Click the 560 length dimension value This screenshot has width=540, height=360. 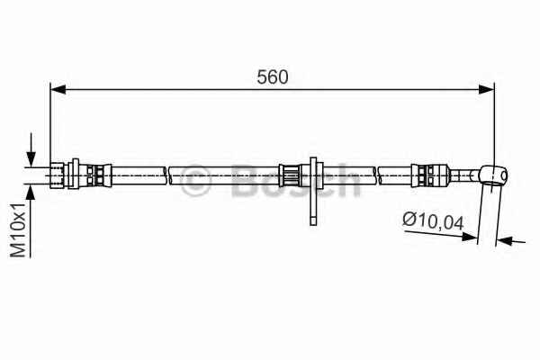click(272, 77)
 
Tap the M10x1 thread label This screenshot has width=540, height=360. click(18, 230)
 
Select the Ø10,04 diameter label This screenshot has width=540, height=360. click(433, 221)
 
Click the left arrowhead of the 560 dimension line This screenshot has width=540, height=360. click(58, 89)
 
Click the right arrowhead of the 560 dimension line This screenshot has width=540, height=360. click(487, 89)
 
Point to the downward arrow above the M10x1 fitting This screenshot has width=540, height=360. click(31, 150)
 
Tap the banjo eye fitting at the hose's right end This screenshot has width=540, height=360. click(493, 175)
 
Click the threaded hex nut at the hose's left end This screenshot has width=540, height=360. click(57, 175)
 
